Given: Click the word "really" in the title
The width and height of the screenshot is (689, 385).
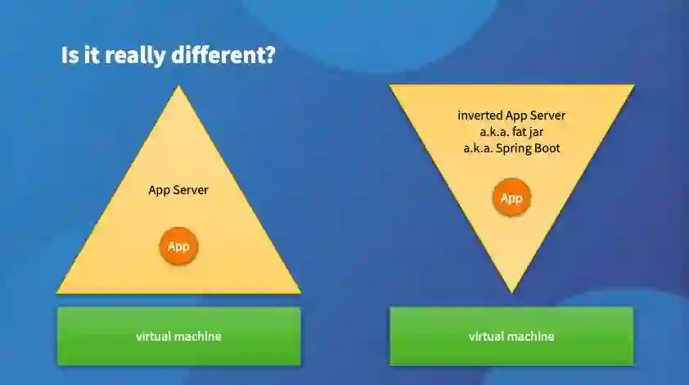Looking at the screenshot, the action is [137, 56].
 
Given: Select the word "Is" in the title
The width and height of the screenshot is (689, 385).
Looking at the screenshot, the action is [70, 56].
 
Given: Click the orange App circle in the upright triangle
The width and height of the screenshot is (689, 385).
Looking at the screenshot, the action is [178, 246].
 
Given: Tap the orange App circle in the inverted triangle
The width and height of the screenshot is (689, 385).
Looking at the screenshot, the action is [511, 198].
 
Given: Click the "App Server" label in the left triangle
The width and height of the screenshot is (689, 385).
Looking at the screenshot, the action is [178, 190].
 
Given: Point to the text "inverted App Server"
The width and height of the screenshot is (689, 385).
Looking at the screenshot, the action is [511, 115].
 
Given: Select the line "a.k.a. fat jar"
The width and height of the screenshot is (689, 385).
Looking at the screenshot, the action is [511, 132].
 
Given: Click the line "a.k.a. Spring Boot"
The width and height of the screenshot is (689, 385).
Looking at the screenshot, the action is [511, 148].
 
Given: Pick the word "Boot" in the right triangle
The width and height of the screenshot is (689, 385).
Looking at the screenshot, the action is [547, 148].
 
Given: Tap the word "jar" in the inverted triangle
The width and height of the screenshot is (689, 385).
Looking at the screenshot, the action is [534, 132].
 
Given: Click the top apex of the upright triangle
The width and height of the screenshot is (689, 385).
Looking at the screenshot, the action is [178, 87].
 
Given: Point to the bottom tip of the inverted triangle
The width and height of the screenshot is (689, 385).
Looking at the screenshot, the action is [511, 291].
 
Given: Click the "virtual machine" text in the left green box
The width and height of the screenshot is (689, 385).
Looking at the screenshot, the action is [178, 336].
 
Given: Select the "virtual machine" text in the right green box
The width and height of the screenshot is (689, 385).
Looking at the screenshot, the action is [511, 336].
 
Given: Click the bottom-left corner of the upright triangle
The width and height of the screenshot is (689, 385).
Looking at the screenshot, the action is [58, 291].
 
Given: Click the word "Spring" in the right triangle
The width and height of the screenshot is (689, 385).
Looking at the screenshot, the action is [513, 149].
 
